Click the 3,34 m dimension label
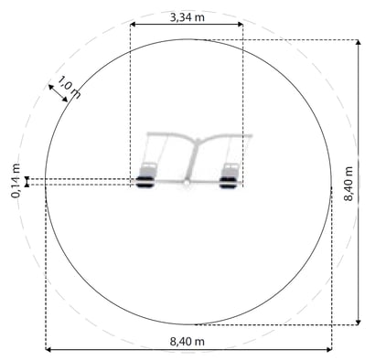click(x=187, y=17)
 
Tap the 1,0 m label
click(x=70, y=88)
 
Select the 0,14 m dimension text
click(x=16, y=181)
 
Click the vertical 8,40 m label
click(x=348, y=184)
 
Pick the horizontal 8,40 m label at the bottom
click(x=187, y=342)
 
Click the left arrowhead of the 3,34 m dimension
click(x=133, y=25)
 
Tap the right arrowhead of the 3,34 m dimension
click(x=241, y=25)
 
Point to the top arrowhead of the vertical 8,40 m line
click(x=359, y=42)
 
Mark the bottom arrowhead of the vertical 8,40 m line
click(x=359, y=323)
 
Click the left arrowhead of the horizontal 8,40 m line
click(x=48, y=349)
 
